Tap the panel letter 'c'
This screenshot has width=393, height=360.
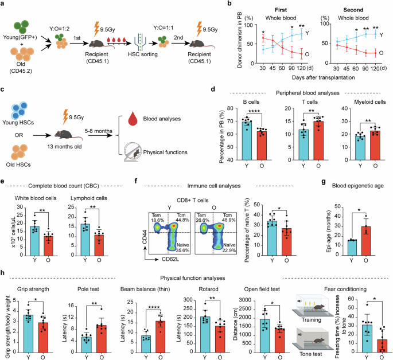coord(4,90)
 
